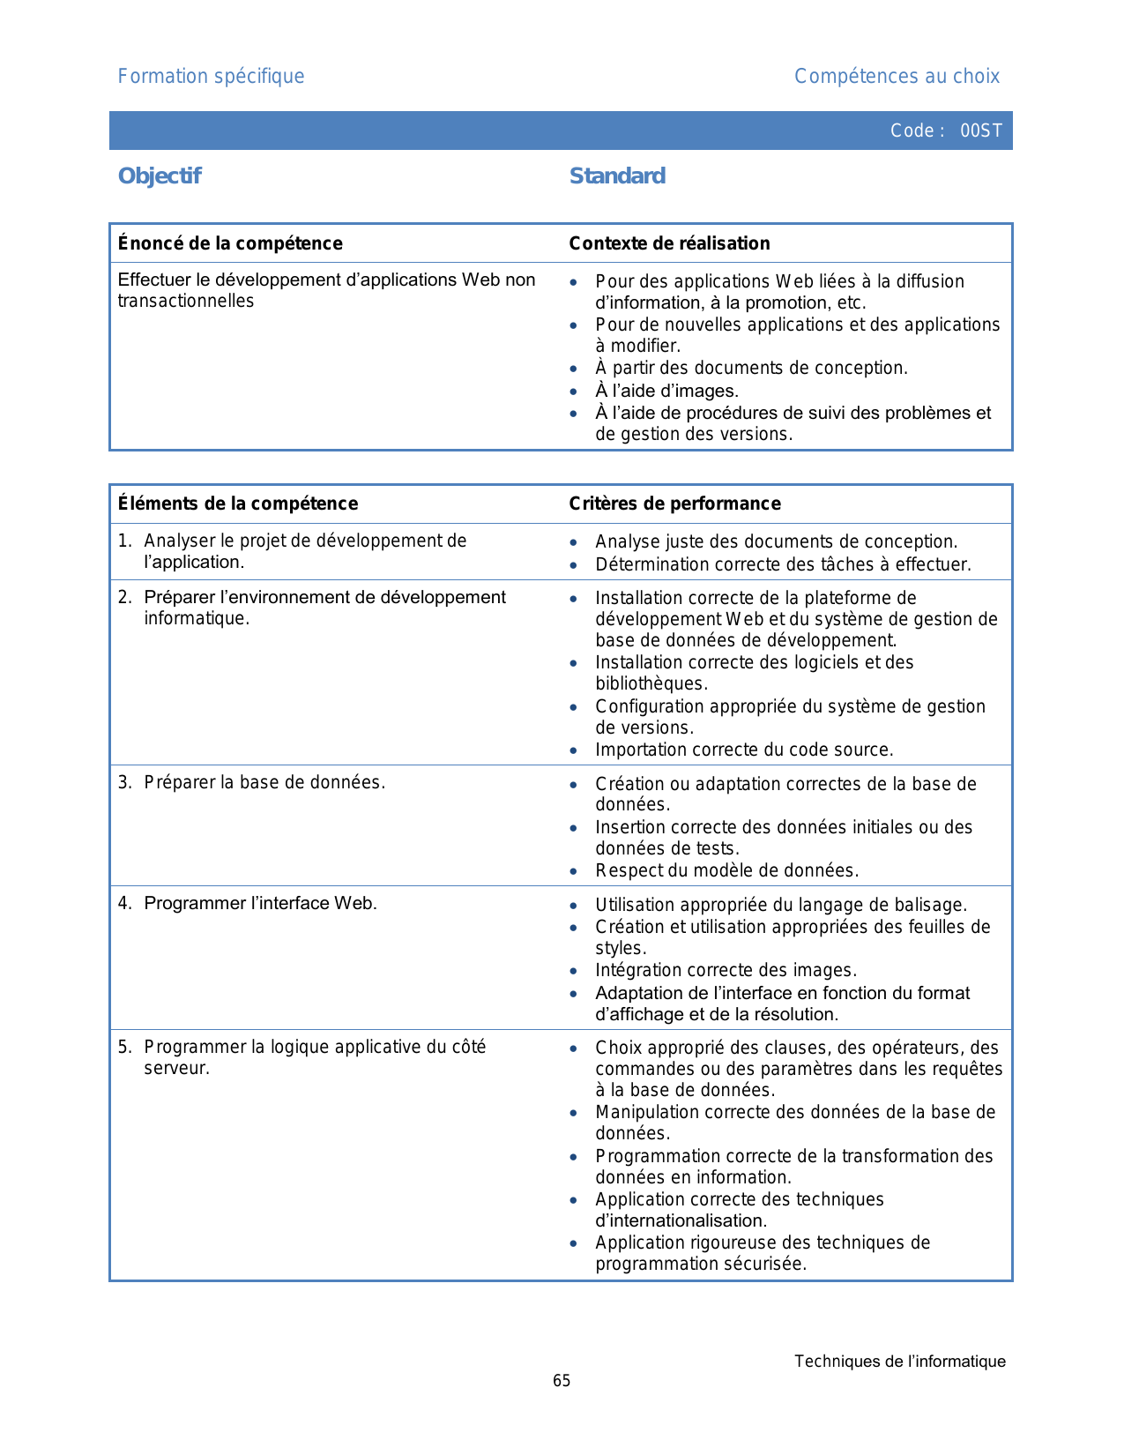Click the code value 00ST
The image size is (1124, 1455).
(980, 131)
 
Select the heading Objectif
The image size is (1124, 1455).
(160, 176)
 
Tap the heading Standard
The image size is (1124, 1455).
(617, 176)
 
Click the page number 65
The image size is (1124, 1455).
(562, 1381)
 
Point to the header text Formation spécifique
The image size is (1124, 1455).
(211, 77)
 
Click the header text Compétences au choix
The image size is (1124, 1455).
(897, 77)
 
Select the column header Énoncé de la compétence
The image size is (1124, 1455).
(230, 243)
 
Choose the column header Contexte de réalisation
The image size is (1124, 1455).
(669, 243)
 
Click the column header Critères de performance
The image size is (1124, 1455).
(674, 504)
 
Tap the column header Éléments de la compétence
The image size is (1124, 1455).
(238, 504)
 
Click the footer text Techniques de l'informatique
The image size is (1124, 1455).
(899, 1362)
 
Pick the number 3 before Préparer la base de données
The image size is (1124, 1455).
(124, 782)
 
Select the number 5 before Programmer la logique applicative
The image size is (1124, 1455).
(124, 1047)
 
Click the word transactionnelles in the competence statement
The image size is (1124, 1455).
(186, 302)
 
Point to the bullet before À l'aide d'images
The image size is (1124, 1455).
(574, 392)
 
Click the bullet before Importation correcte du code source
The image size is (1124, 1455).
(574, 750)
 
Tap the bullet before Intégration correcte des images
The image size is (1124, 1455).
(574, 971)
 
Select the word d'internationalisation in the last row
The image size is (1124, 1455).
(681, 1221)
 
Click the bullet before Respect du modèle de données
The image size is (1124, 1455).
(574, 871)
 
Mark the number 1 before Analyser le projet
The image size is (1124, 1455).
(124, 541)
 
